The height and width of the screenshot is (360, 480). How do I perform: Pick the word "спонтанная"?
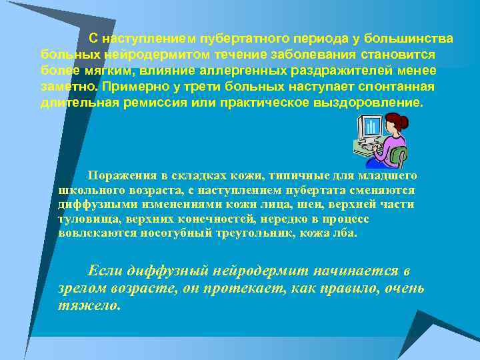(x=397, y=88)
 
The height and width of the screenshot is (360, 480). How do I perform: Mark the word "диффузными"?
(x=91, y=205)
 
